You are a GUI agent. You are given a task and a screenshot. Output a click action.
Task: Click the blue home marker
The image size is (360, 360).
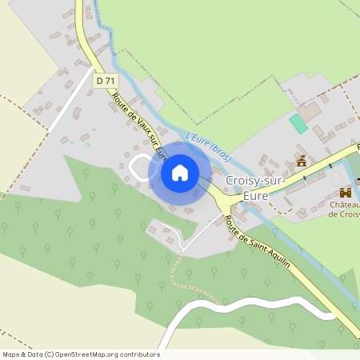[180, 173]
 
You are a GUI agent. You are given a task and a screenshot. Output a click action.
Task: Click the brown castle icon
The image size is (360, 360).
[346, 193]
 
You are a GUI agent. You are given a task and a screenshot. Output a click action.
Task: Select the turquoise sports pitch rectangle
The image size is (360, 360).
[298, 124]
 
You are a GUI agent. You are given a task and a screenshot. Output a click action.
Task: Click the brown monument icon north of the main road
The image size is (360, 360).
[302, 161]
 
